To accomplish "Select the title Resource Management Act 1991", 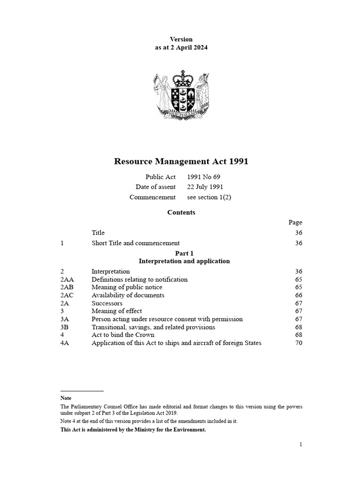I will tap(181, 162).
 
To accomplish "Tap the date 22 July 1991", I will tap(205, 187).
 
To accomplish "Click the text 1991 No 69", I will tap(204, 177).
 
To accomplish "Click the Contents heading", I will tap(181, 213).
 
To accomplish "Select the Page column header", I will tap(295, 222).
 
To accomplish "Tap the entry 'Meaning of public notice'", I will tap(127, 287).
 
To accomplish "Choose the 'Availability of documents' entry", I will tap(128, 295).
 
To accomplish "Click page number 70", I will tap(298, 343).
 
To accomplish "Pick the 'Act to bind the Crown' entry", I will tap(123, 335).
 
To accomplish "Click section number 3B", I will tap(65, 327).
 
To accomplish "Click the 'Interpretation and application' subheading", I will tap(184, 261).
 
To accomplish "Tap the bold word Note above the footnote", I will tap(66, 398).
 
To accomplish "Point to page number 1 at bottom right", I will tap(300, 444).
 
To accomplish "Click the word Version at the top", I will tap(181, 39).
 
